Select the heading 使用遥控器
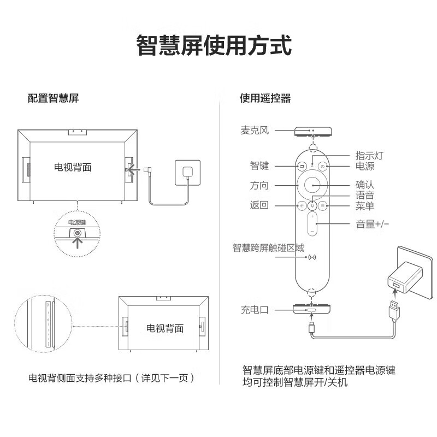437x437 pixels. [265, 99]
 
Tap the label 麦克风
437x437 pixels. [255, 131]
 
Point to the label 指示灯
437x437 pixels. [369, 156]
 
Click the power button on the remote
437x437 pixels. [323, 166]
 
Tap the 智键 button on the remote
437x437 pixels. [302, 166]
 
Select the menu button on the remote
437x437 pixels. [323, 206]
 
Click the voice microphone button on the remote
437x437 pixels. [312, 206]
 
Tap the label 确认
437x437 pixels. [365, 186]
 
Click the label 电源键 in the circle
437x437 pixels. [76, 223]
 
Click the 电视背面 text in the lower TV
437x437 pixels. [165, 328]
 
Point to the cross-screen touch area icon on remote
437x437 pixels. [312, 257]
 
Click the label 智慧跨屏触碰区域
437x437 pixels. [268, 247]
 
